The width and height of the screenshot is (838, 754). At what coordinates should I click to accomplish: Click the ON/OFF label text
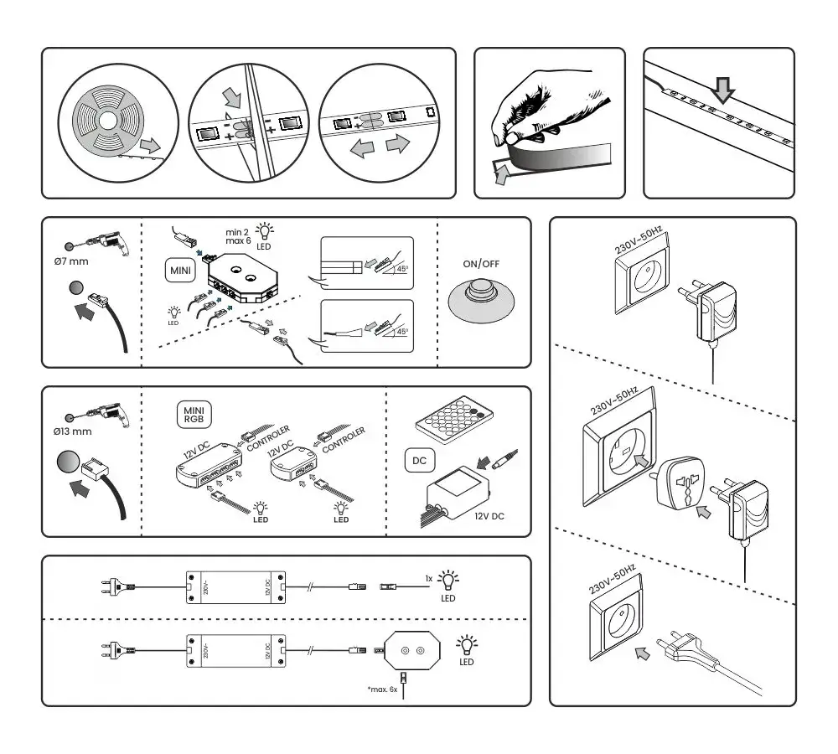pyautogui.click(x=482, y=263)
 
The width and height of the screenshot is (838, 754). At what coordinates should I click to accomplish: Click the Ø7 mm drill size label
pyautogui.click(x=71, y=262)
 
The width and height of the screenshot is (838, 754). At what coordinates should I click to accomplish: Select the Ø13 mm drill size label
pyautogui.click(x=72, y=431)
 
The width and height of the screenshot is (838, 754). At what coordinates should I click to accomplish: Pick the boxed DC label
pyautogui.click(x=419, y=460)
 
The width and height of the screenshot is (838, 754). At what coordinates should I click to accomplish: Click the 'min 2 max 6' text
pyautogui.click(x=240, y=235)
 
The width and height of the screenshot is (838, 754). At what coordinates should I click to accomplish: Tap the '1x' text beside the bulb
pyautogui.click(x=429, y=579)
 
